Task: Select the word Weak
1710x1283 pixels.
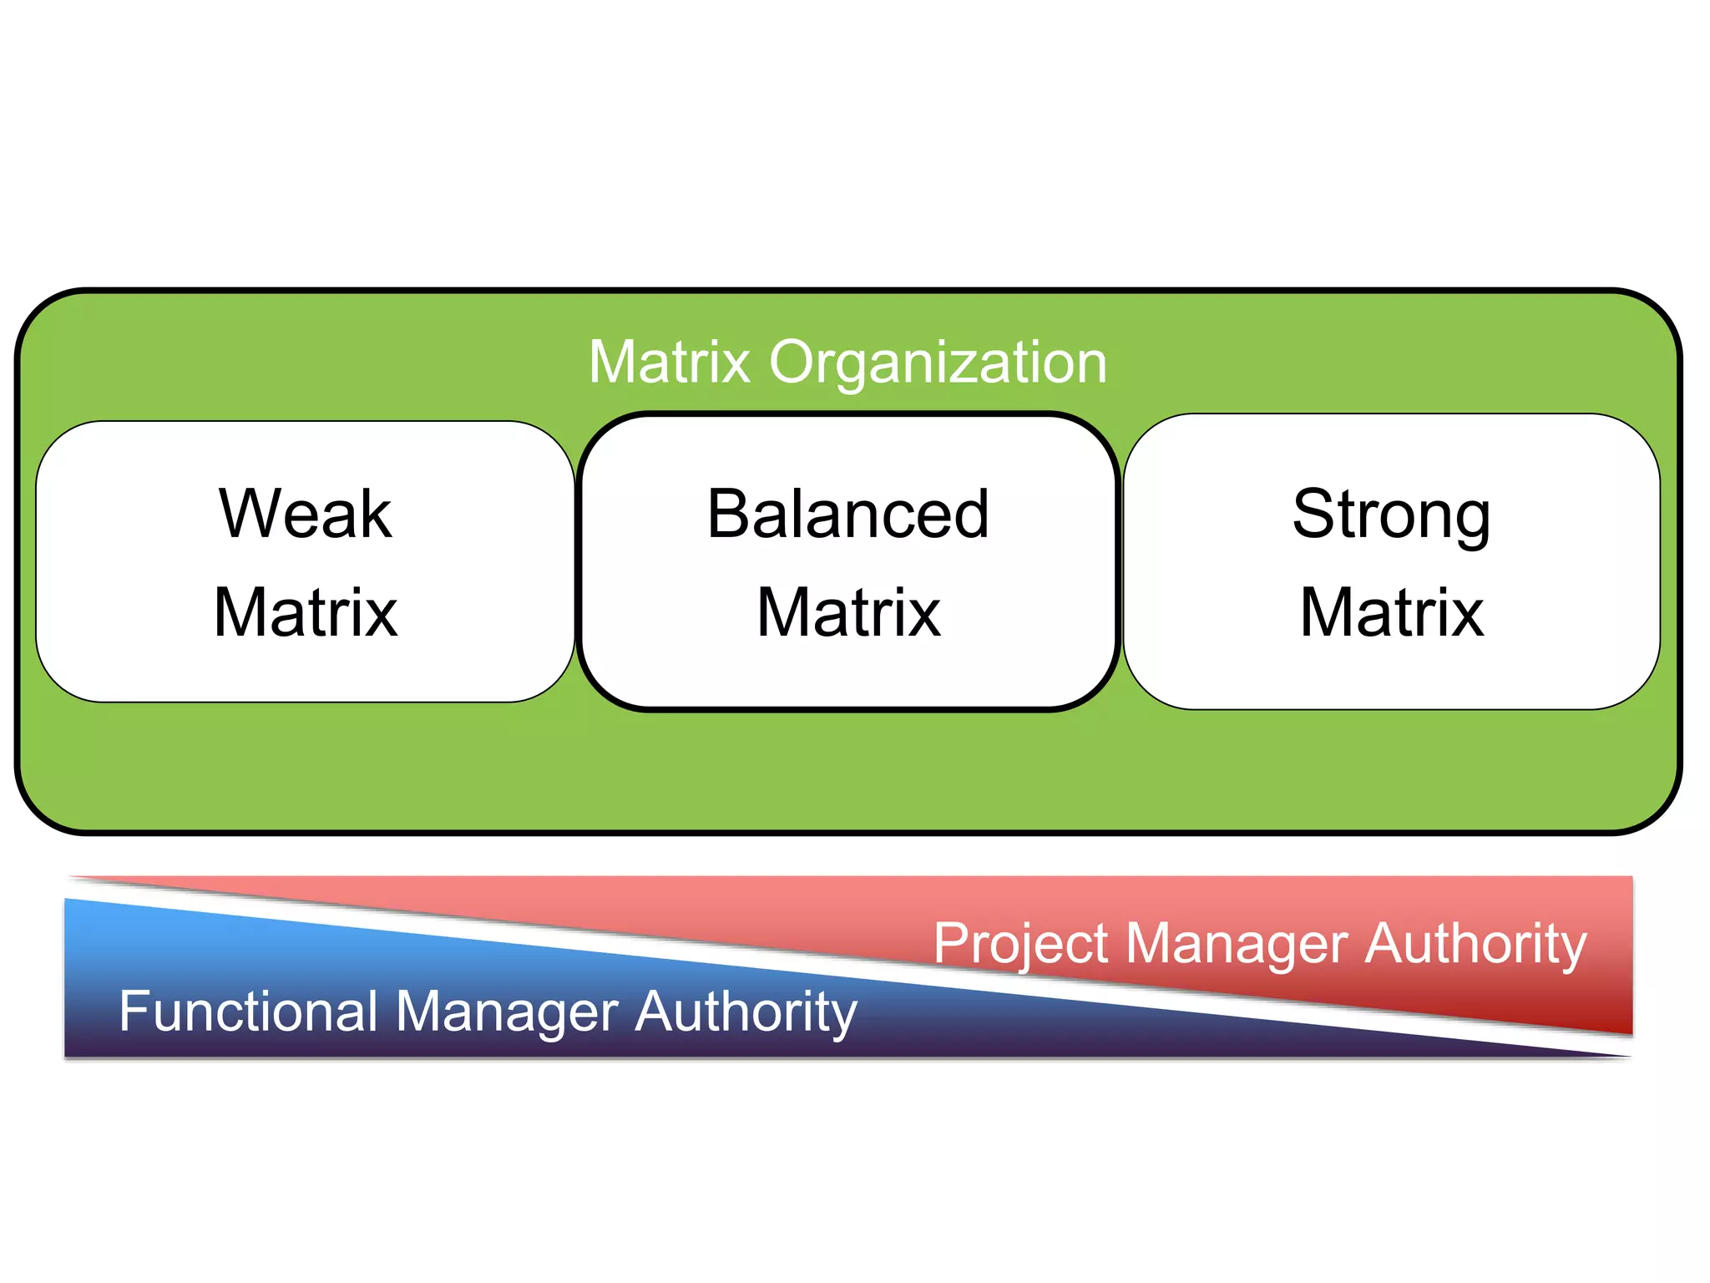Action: point(306,514)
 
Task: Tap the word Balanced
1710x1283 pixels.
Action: point(848,514)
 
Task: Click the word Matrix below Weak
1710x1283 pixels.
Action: point(306,612)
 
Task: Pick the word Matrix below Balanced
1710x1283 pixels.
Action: point(848,612)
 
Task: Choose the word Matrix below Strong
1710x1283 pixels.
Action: point(1391,612)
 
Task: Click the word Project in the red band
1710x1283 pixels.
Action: point(1020,945)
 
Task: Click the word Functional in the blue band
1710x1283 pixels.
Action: point(249,1011)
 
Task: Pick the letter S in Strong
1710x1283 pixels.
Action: point(1314,514)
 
